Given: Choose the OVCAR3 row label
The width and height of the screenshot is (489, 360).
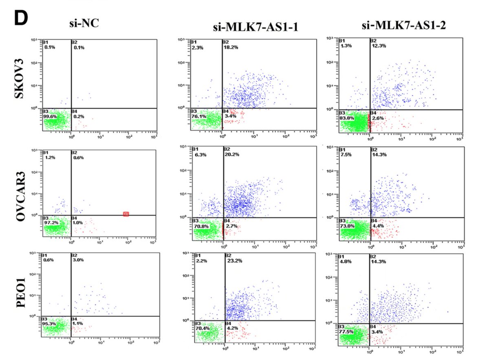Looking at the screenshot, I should click(x=18, y=194).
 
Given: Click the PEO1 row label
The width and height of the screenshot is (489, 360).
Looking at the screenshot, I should click(x=18, y=296).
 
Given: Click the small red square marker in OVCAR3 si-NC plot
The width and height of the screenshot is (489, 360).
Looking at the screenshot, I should click(x=126, y=214).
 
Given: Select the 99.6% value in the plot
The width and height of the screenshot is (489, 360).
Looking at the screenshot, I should click(x=50, y=116).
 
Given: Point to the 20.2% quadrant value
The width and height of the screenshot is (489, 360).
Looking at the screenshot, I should click(x=232, y=155).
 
